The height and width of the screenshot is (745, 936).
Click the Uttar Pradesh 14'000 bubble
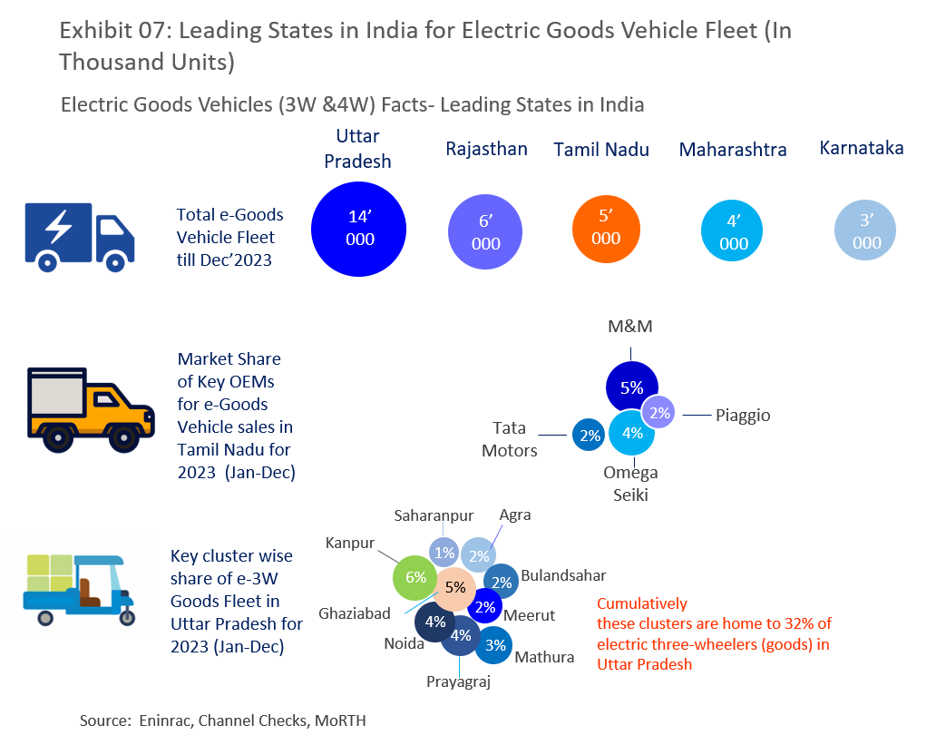(360, 229)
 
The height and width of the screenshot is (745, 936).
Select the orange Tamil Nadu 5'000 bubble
(606, 228)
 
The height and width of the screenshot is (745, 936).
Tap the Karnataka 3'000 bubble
(866, 231)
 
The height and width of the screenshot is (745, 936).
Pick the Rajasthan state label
(486, 149)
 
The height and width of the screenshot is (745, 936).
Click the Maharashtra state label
(733, 150)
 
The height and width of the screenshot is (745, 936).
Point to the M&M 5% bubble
(631, 387)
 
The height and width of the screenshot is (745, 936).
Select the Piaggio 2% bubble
(660, 412)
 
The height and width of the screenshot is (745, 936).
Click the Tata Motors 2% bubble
(590, 436)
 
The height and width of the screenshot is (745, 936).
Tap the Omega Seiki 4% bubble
(632, 434)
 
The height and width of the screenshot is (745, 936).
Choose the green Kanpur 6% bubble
(414, 577)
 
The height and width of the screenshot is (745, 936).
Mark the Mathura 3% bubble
(495, 646)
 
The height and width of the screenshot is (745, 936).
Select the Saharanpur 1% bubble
(444, 553)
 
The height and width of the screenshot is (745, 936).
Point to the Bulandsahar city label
(563, 575)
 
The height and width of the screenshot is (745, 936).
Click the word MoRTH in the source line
(342, 720)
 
